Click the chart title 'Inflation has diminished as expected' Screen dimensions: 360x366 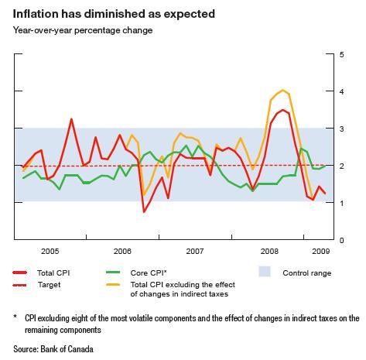pos(114,14)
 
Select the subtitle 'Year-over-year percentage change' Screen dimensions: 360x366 pos(83,30)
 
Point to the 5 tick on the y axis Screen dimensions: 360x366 pos(341,54)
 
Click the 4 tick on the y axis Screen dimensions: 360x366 pos(341,91)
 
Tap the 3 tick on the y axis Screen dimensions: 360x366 pos(341,129)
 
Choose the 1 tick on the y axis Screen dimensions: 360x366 pos(341,203)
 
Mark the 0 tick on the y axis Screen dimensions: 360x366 pos(341,240)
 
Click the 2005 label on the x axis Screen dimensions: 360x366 pos(50,252)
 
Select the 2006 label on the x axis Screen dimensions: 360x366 pos(123,252)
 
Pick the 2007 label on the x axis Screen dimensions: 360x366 pos(196,252)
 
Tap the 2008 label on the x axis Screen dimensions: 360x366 pos(269,252)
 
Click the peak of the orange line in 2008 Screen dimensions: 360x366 pos(283,91)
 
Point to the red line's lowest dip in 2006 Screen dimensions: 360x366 pos(144,211)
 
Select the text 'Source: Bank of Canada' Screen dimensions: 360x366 pos(53,349)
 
